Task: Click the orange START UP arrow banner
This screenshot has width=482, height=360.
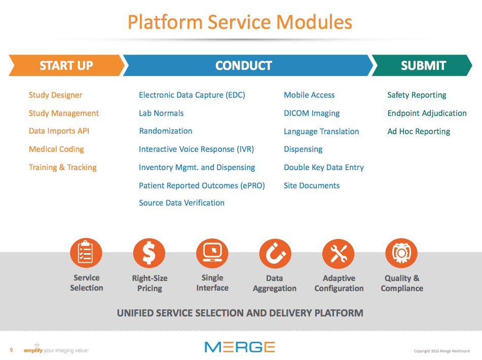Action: [x=66, y=65]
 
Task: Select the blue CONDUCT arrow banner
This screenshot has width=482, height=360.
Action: [x=244, y=65]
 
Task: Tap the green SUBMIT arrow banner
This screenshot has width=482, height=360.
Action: [x=423, y=65]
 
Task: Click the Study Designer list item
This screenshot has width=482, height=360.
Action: [x=55, y=95]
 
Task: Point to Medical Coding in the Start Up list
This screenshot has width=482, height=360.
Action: [x=56, y=149]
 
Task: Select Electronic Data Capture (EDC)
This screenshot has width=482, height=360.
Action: [x=192, y=95]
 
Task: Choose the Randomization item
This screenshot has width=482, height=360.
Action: [x=166, y=131]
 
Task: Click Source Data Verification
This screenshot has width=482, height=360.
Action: [x=181, y=203]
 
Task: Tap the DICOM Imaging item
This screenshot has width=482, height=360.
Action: [x=312, y=113]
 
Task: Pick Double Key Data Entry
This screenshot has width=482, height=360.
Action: [x=324, y=168]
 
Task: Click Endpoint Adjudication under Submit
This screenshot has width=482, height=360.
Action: [x=427, y=113]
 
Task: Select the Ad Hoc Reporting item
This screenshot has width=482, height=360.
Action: [x=419, y=132]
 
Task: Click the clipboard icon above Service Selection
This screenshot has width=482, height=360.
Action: [x=86, y=253]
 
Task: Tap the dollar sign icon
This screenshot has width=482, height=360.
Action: [x=149, y=253]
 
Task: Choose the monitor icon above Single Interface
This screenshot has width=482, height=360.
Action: [x=212, y=253]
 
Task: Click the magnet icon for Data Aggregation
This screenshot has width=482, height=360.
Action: [x=275, y=253]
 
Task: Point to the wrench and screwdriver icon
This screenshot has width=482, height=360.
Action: [x=339, y=253]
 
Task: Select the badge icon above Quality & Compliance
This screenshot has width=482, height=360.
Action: [x=401, y=253]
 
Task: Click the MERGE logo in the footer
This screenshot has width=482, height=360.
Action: [x=240, y=347]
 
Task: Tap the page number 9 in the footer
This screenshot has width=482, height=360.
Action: [x=11, y=350]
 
